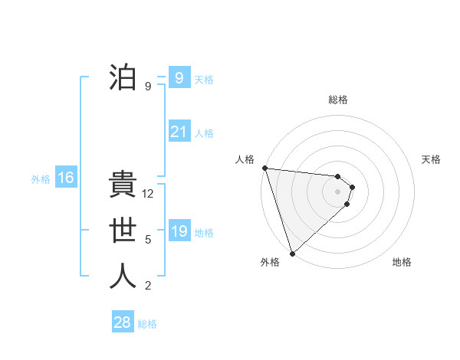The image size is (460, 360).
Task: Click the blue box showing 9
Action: [179, 77]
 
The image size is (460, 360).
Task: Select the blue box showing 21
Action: [179, 132]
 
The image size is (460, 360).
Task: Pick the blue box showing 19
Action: [179, 231]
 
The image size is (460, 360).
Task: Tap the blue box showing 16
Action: [65, 178]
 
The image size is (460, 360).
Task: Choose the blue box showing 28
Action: [123, 322]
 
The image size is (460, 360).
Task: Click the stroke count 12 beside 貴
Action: [149, 195]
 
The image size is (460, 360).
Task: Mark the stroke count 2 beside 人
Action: [148, 286]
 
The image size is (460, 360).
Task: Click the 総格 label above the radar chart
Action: [338, 100]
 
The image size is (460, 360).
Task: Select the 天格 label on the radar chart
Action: [432, 159]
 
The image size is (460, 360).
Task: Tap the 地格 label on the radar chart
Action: [402, 262]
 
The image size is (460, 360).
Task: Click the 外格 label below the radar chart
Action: [270, 262]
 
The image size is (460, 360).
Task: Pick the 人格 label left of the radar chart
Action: [245, 159]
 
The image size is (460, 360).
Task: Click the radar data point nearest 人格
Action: [264, 168]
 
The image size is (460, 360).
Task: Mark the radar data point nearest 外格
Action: [292, 253]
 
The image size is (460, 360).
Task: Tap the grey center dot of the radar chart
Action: [337, 191]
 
